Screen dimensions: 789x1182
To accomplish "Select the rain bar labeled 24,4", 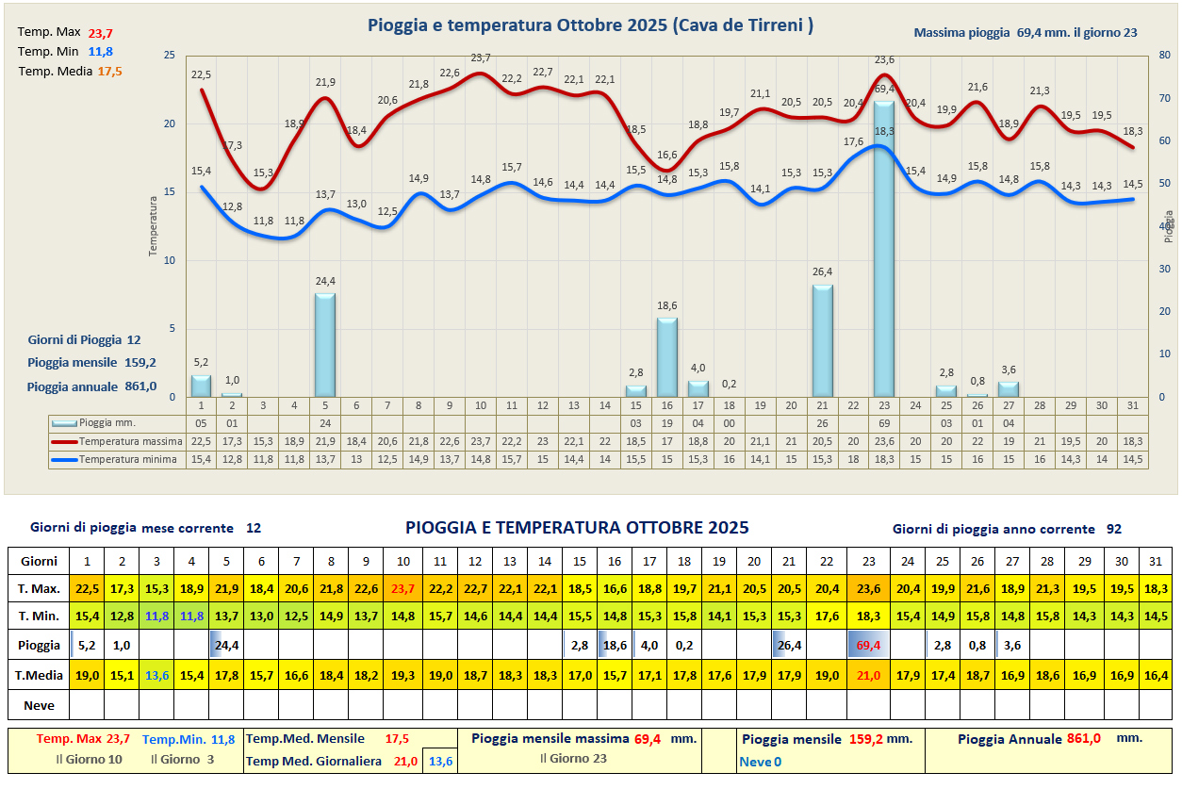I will coord(324,345).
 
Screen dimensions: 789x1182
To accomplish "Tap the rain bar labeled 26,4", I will coord(822,340).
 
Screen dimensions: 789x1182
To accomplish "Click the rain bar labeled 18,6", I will coord(666,357).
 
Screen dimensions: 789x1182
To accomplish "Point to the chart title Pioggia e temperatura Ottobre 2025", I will coord(590,25).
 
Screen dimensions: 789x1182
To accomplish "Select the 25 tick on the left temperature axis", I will coord(169,56).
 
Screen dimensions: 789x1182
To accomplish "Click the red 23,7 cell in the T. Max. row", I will coord(402,589).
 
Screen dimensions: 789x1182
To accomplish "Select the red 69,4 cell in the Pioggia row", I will coord(869,646).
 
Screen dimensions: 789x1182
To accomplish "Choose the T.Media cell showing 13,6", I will coord(156,675).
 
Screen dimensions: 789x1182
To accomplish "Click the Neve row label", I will coord(40,705).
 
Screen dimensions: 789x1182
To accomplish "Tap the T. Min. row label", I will coord(40,617).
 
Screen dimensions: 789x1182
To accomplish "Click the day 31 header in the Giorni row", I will coord(1155,561).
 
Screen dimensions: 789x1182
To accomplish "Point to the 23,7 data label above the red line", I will coord(480,58).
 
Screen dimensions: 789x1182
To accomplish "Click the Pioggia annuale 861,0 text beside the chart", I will coord(91,386).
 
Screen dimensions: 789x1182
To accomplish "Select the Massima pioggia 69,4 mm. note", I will coord(1026,33).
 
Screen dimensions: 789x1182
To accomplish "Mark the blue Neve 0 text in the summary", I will coord(760,762).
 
